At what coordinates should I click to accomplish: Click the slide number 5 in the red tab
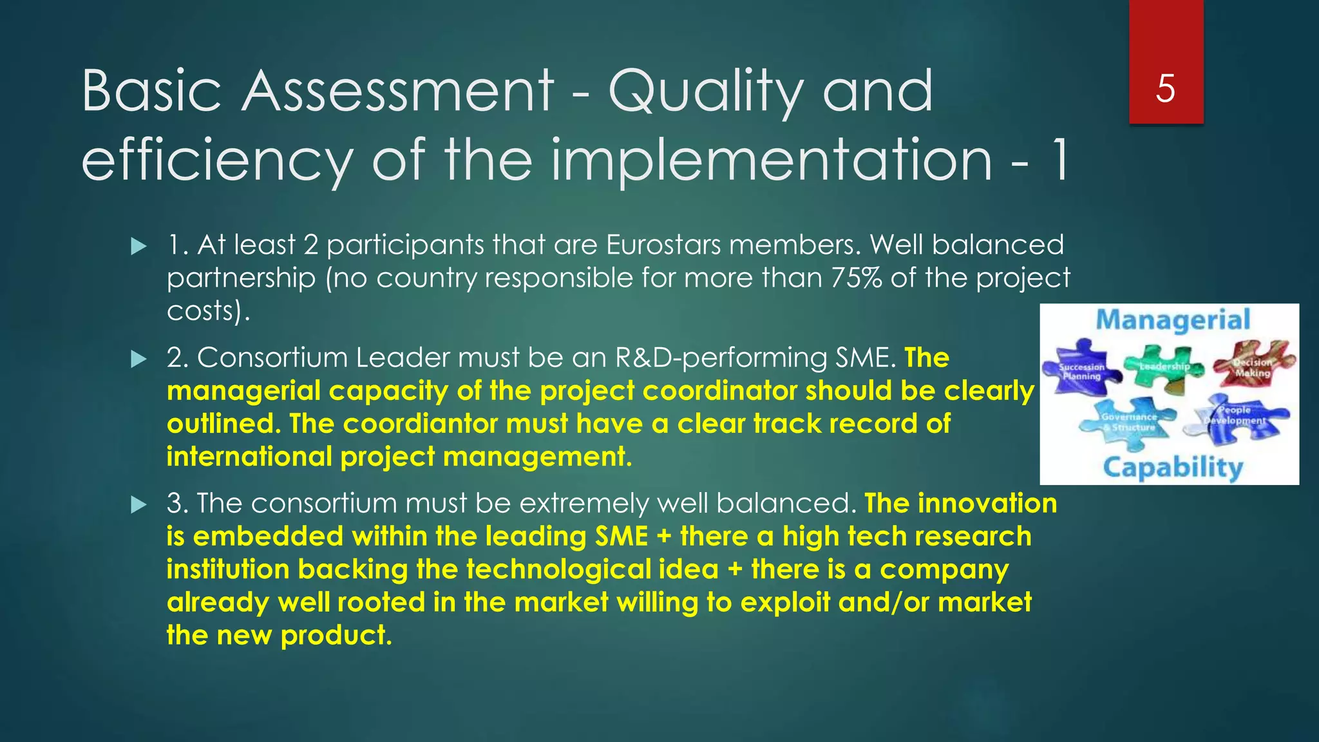pyautogui.click(x=1165, y=88)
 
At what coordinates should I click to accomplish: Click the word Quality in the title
pyautogui.click(x=706, y=92)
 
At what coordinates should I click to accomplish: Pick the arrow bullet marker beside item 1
pyautogui.click(x=138, y=246)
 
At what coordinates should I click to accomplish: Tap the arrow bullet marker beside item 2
pyautogui.click(x=138, y=359)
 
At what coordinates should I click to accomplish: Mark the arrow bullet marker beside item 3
pyautogui.click(x=138, y=504)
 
